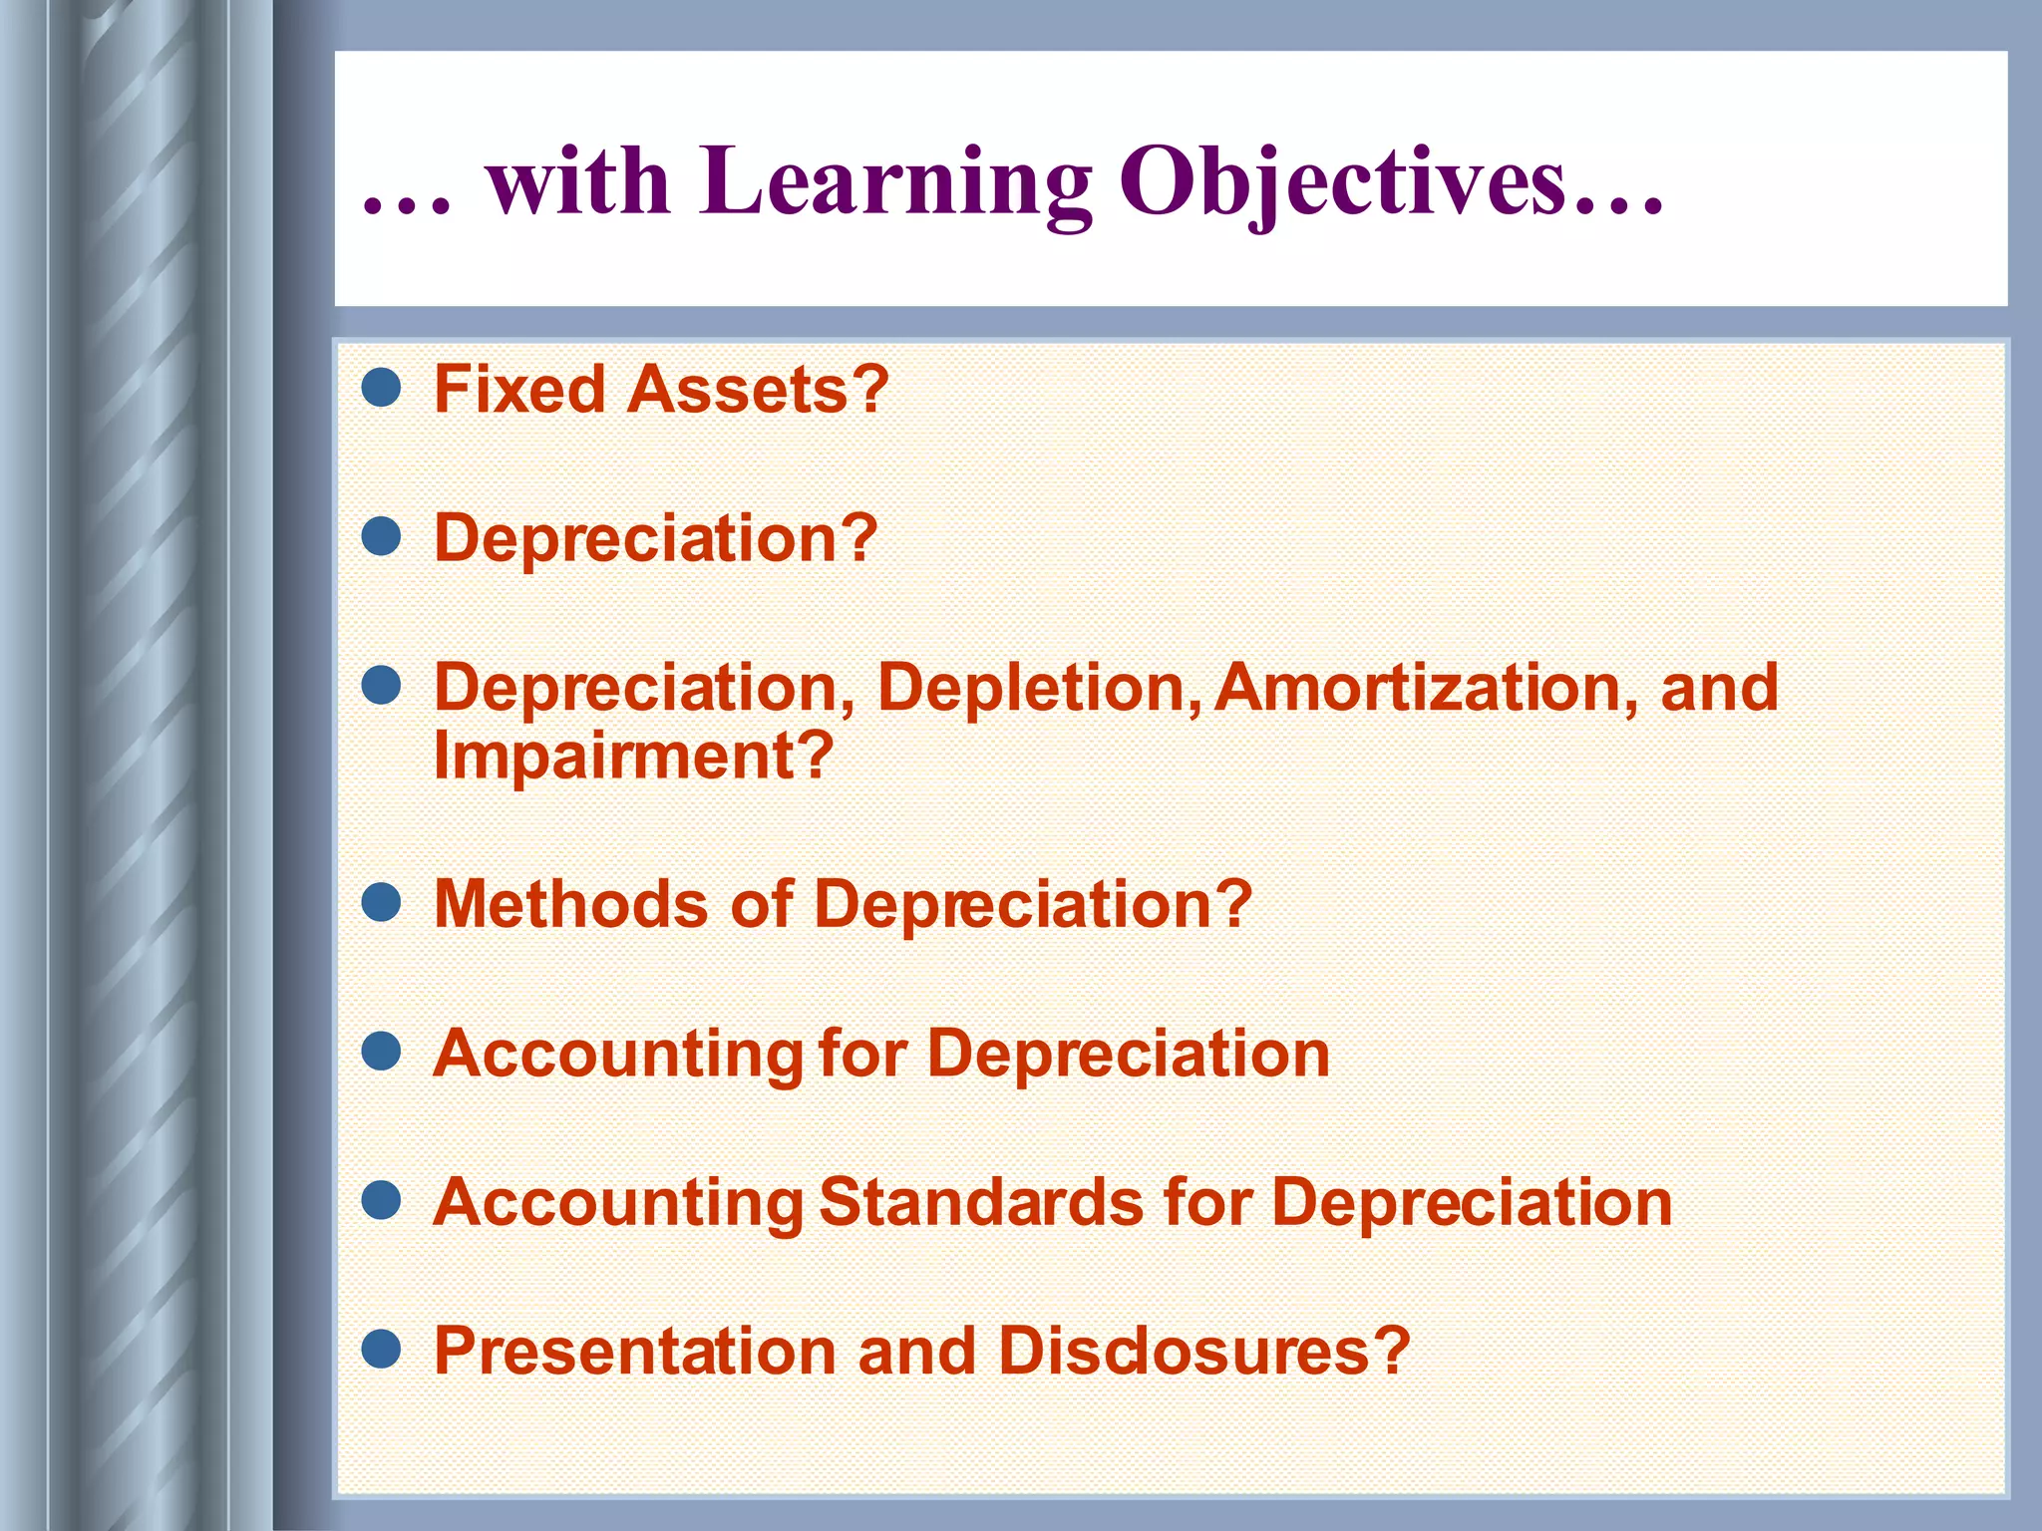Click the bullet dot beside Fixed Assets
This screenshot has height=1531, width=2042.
pyautogui.click(x=381, y=388)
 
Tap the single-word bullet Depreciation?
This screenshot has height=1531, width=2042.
pyautogui.click(x=655, y=538)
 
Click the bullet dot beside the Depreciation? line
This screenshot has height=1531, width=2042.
pyautogui.click(x=381, y=536)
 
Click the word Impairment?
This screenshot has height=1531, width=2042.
pyautogui.click(x=633, y=756)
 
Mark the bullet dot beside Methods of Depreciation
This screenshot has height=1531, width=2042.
pyautogui.click(x=381, y=902)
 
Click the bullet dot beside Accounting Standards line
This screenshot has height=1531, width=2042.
pyautogui.click(x=381, y=1200)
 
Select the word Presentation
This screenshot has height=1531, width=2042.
pyautogui.click(x=634, y=1352)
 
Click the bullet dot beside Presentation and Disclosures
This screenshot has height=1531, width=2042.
pyautogui.click(x=381, y=1350)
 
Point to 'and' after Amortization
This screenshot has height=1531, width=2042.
pyautogui.click(x=1719, y=688)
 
